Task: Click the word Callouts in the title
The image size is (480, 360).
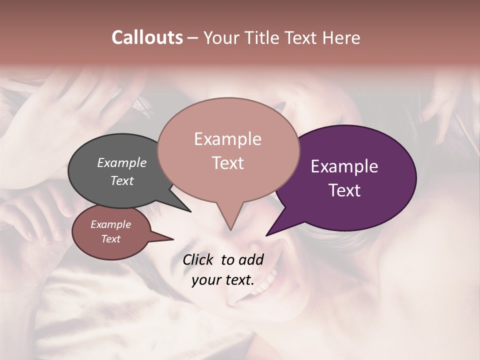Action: [147, 37]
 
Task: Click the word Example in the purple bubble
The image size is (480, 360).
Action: [344, 166]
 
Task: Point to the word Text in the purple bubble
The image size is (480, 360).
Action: [344, 190]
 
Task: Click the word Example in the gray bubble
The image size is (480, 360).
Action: [122, 163]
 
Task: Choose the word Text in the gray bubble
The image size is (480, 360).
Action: [122, 180]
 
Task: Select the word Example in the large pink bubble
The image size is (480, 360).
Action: [227, 139]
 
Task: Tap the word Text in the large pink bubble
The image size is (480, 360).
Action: [228, 163]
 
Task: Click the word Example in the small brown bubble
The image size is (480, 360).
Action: [111, 224]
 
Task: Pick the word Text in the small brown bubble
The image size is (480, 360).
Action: [111, 239]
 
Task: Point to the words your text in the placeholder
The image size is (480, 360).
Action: [223, 280]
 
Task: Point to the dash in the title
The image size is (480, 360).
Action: [193, 38]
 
